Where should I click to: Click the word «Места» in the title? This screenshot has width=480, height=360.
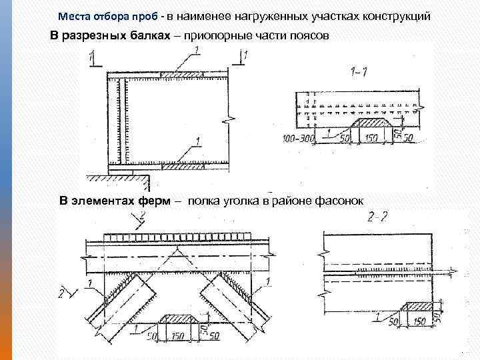[x=73, y=15]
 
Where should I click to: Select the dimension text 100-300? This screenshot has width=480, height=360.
[x=297, y=137]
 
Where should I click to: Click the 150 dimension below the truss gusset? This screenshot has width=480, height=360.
[x=178, y=336]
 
